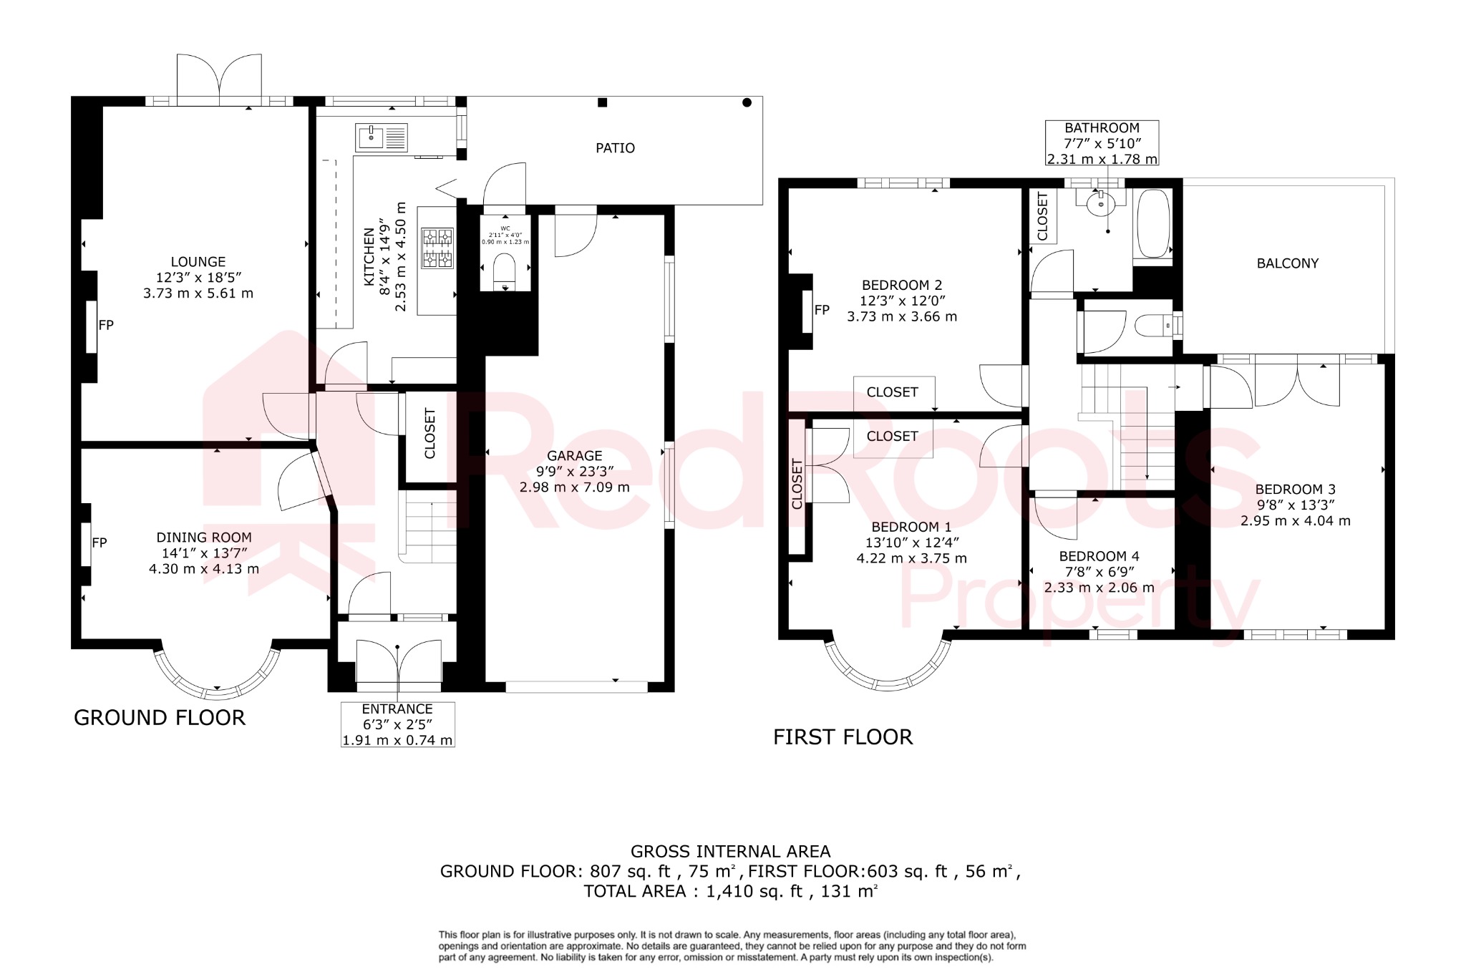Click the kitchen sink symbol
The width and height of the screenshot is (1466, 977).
[382, 137]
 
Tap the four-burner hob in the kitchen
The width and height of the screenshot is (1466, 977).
[437, 248]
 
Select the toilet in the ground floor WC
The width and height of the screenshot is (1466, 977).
[505, 271]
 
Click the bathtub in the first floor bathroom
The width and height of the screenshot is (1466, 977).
[1152, 223]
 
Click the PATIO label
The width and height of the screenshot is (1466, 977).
[615, 148]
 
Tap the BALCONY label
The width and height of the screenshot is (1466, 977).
[1287, 263]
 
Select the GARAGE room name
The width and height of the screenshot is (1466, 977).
[574, 455]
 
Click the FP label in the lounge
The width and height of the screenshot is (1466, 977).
[106, 325]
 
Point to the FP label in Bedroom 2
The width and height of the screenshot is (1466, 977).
[822, 310]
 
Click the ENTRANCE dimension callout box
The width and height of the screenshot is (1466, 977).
[397, 724]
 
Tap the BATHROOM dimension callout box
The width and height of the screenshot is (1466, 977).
[1102, 143]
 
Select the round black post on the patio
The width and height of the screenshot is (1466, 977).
[747, 102]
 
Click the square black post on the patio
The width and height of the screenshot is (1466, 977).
[602, 102]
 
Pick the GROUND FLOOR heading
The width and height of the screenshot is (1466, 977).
[160, 717]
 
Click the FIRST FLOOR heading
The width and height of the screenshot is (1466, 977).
[843, 737]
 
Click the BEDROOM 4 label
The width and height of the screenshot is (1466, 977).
[1099, 556]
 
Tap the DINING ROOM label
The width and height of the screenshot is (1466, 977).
[204, 537]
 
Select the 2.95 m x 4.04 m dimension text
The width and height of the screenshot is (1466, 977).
[1295, 521]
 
